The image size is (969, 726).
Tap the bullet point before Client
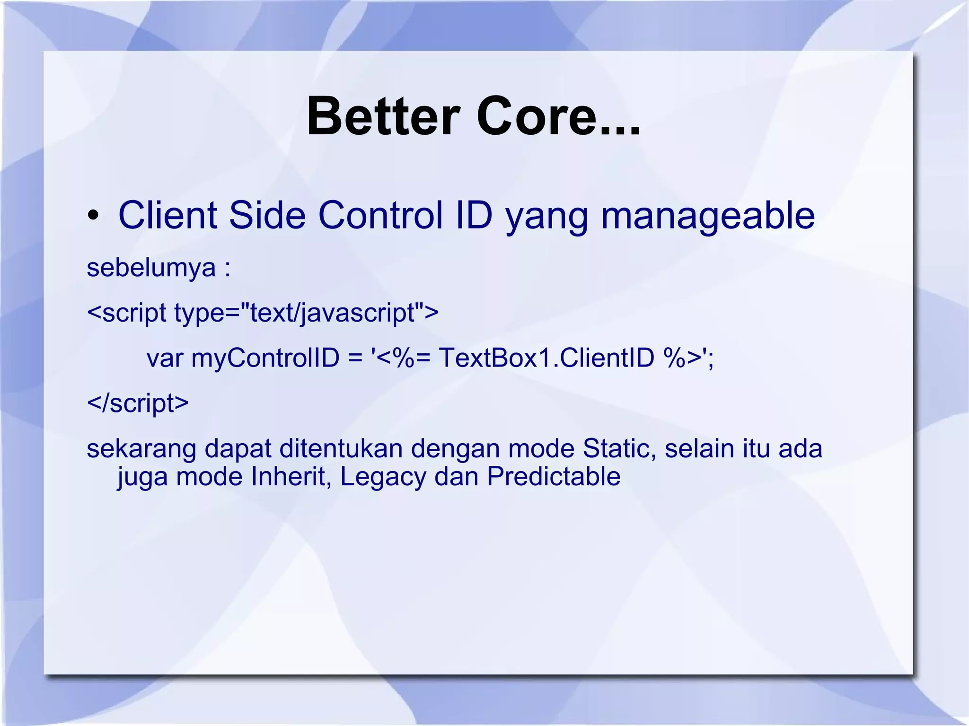pyautogui.click(x=93, y=216)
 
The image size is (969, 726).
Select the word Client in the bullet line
pyautogui.click(x=168, y=215)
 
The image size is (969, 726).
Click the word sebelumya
pyautogui.click(x=151, y=268)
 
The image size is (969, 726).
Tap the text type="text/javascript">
pyautogui.click(x=306, y=313)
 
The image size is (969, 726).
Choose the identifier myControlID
pyautogui.click(x=265, y=358)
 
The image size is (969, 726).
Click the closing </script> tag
pyautogui.click(x=138, y=403)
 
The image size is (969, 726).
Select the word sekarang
pyautogui.click(x=141, y=449)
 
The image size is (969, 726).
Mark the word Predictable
pyautogui.click(x=554, y=476)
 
